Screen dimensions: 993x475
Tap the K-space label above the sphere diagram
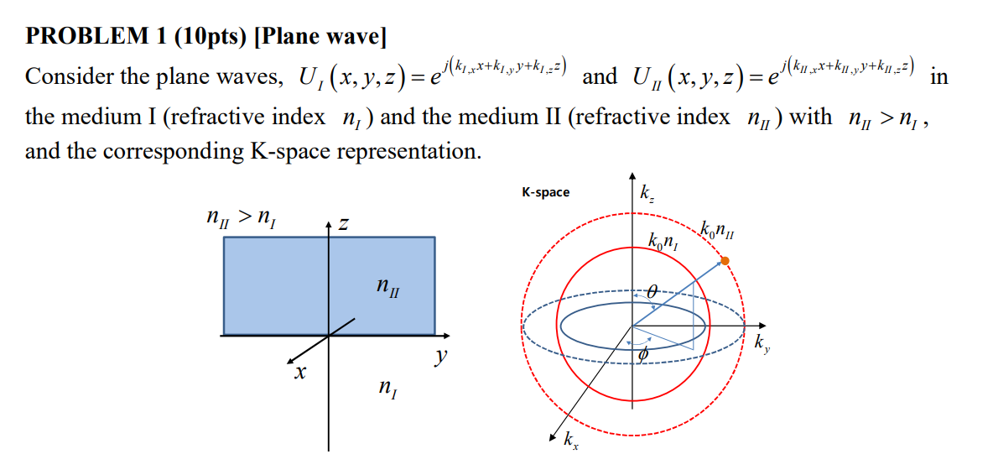coord(545,192)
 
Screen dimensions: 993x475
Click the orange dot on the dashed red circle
coord(725,262)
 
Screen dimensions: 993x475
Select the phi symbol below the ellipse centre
coord(645,356)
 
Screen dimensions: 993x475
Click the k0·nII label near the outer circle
coord(720,230)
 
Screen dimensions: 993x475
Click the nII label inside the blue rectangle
coord(387,290)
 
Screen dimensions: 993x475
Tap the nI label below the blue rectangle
coord(387,388)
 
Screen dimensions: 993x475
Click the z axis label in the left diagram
coord(344,224)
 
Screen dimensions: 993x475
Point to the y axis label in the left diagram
coord(440,358)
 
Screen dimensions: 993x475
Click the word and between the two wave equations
coord(599,77)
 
